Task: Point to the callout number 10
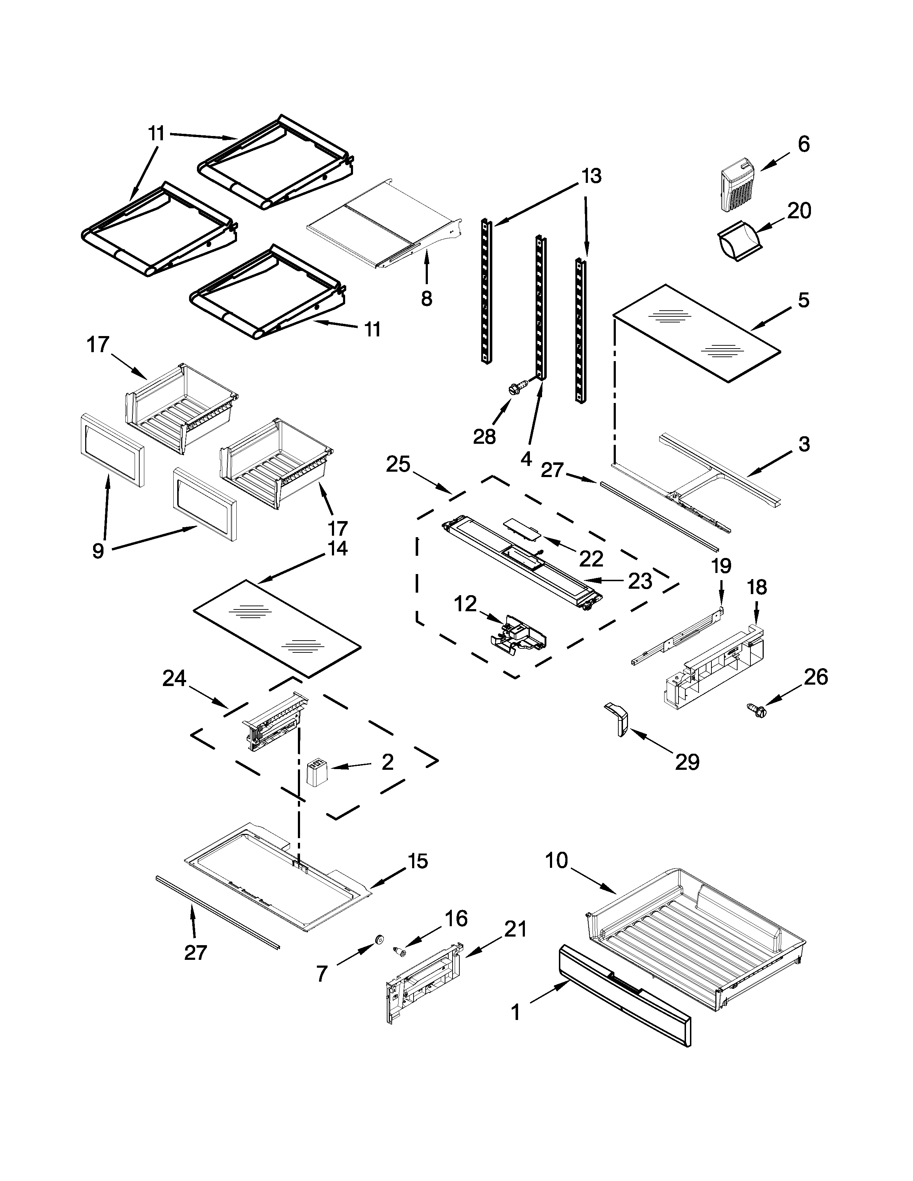(556, 860)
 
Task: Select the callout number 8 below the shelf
(427, 298)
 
